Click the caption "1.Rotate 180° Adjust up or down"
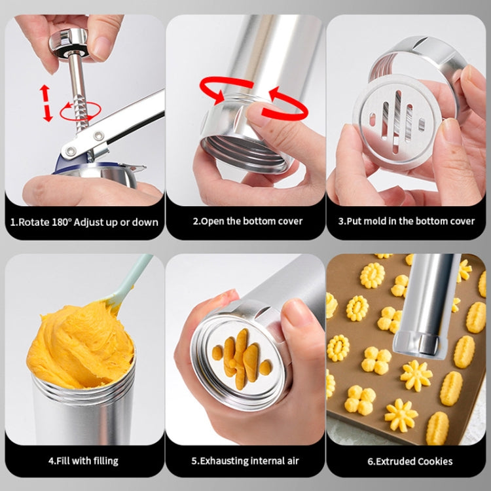tap(84, 222)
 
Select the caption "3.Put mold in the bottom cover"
tap(407, 221)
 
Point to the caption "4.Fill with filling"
tap(83, 460)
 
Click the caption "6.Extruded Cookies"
tap(407, 460)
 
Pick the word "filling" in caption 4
tap(104, 460)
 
